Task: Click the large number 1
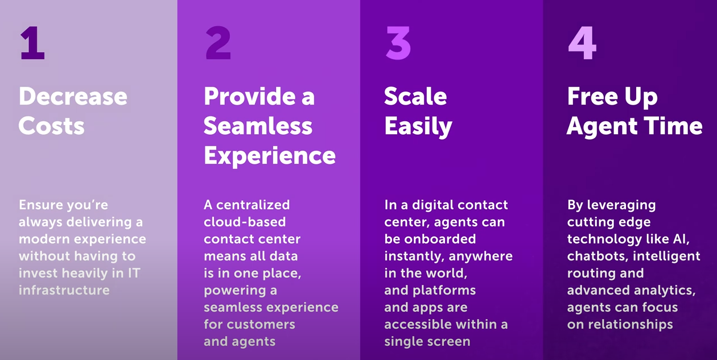click(32, 43)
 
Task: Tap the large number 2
click(218, 43)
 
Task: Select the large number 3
click(398, 43)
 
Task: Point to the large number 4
click(582, 43)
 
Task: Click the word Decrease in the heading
click(73, 96)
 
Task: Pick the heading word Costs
click(52, 126)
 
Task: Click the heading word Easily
click(418, 127)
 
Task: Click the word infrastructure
click(64, 290)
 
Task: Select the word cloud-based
click(245, 222)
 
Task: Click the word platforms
click(444, 291)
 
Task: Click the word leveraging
click(621, 205)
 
